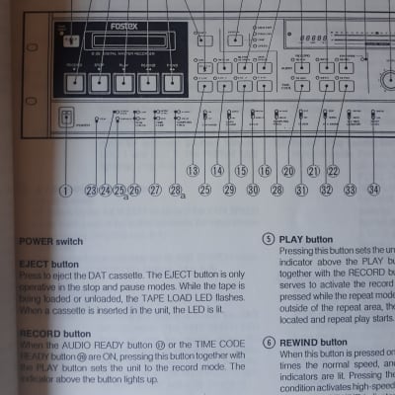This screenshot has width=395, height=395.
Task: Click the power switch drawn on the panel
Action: [x=66, y=116]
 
